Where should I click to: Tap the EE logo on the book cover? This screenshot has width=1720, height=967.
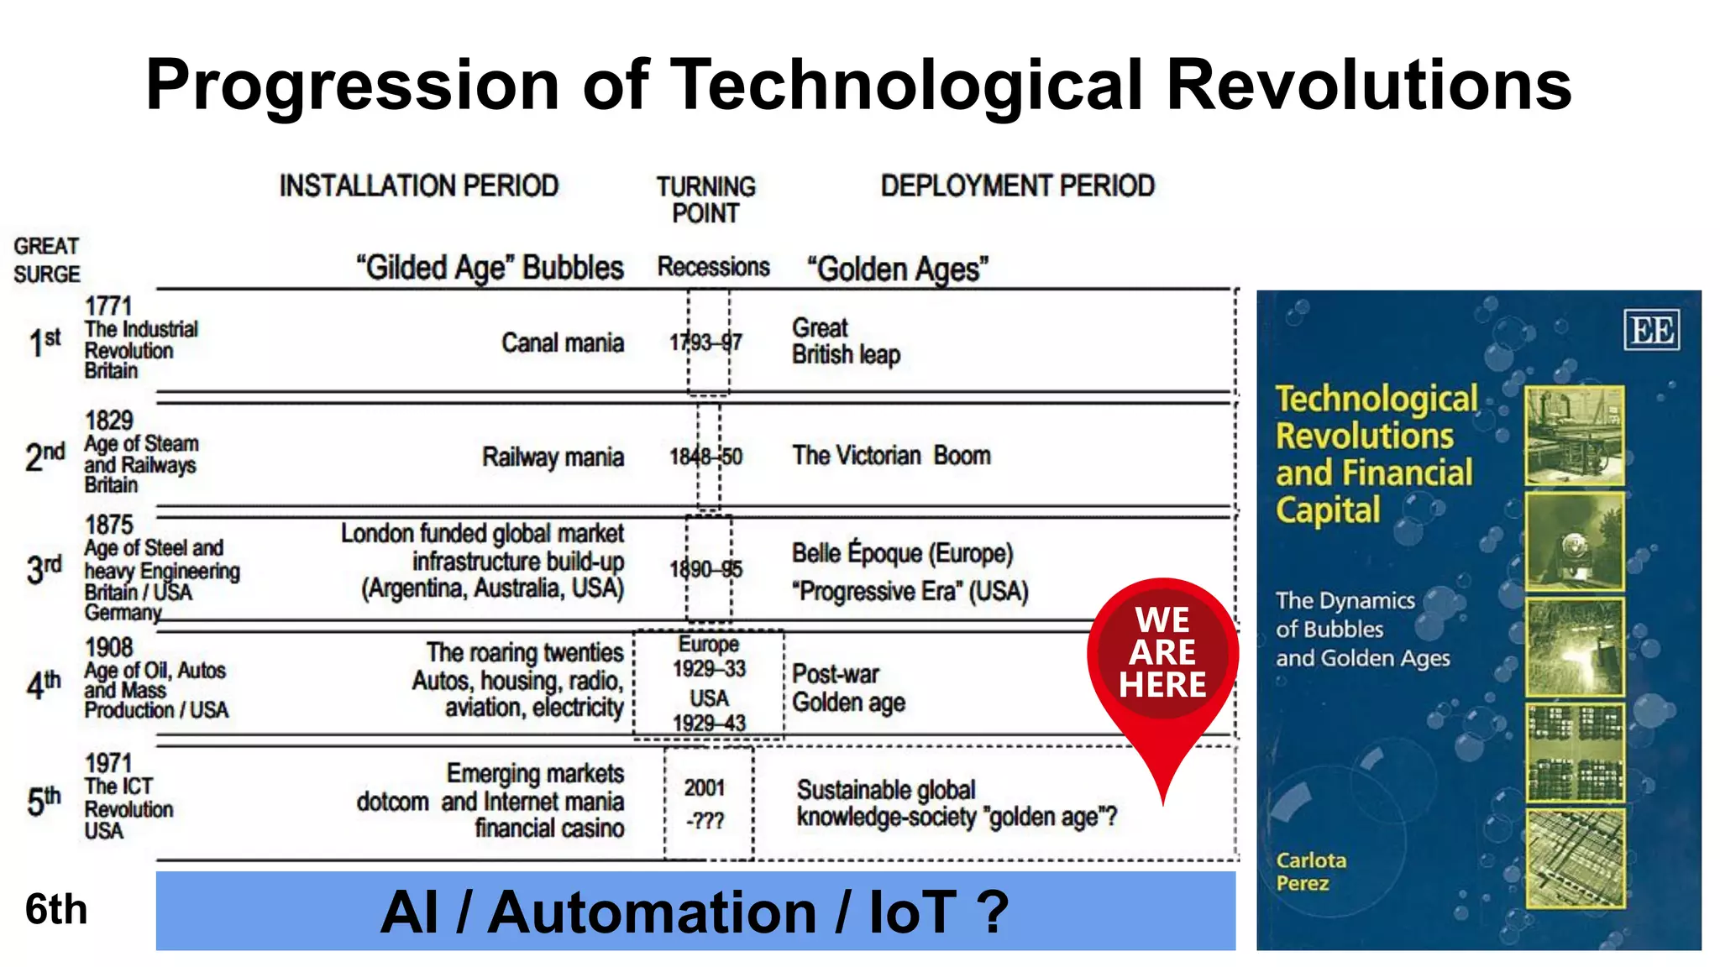tap(1651, 330)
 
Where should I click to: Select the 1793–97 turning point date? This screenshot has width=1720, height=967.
tap(705, 342)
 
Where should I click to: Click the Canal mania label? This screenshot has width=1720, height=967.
tap(563, 342)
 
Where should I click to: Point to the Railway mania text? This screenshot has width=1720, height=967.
tap(553, 457)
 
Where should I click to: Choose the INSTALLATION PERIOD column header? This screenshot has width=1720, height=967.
tap(419, 186)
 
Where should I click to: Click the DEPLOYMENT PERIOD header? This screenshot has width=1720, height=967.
tap(1017, 186)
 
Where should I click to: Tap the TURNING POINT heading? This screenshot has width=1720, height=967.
tap(705, 199)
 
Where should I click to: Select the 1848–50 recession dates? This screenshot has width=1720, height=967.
tap(705, 457)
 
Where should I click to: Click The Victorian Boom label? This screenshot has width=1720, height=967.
tap(891, 456)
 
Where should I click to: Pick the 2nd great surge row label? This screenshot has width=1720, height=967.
tap(45, 456)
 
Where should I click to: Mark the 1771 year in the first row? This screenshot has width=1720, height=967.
tap(108, 306)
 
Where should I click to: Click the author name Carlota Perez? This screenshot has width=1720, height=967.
tap(1310, 871)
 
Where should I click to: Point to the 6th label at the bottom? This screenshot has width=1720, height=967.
tap(56, 909)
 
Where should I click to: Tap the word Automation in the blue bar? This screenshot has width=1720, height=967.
tap(652, 912)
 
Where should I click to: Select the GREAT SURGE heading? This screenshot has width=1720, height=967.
tap(46, 260)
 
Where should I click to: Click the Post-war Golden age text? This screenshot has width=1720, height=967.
tap(848, 688)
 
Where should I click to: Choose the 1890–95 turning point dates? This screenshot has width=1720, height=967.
tap(705, 569)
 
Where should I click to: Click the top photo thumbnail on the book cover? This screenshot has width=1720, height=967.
tap(1574, 436)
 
